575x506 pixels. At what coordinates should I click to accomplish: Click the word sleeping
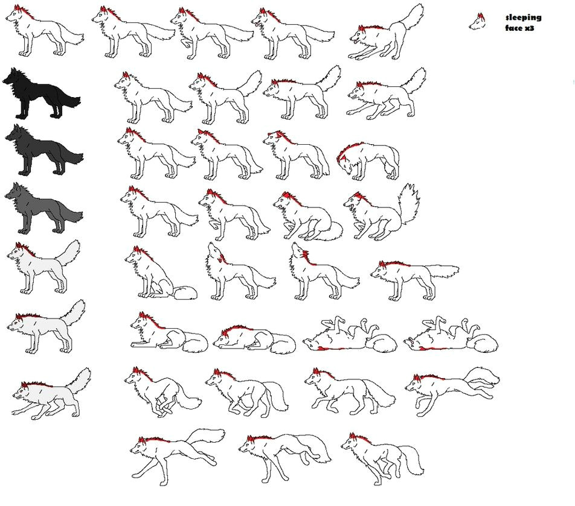(x=523, y=17)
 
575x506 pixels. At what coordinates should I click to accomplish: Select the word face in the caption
(x=514, y=28)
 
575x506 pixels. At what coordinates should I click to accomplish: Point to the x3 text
(x=530, y=28)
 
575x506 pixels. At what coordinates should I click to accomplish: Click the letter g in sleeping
(x=538, y=18)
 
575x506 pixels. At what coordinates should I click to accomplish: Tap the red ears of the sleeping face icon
(x=481, y=16)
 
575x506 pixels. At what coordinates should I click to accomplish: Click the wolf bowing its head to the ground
(x=365, y=160)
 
